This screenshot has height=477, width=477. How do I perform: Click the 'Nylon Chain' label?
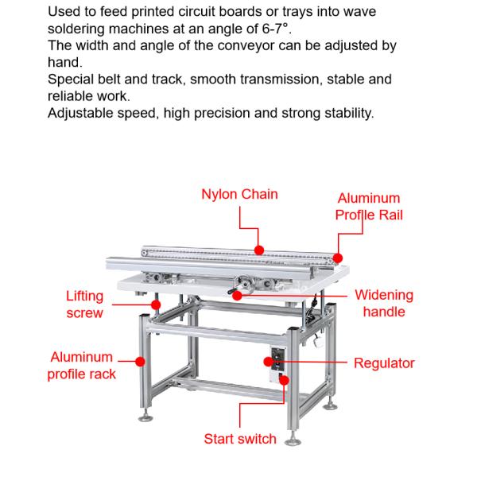click(239, 194)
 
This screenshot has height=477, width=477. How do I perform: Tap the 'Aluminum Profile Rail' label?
click(369, 207)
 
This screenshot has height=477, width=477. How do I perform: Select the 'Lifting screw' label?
click(84, 304)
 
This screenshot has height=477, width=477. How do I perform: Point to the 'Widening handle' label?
click(384, 303)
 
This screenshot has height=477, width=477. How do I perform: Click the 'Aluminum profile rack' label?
click(82, 366)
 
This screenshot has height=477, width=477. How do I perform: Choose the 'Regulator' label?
click(384, 363)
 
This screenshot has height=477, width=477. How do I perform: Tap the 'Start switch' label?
click(240, 439)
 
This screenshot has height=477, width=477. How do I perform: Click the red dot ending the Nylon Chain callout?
click(259, 249)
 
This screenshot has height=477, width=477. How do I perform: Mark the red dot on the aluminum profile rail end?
click(338, 258)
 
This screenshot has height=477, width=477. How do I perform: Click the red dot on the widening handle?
click(235, 295)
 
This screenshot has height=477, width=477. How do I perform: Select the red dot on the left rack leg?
click(141, 362)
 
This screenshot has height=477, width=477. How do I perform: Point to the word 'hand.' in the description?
click(64, 61)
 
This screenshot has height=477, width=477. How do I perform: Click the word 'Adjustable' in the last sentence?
click(81, 113)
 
